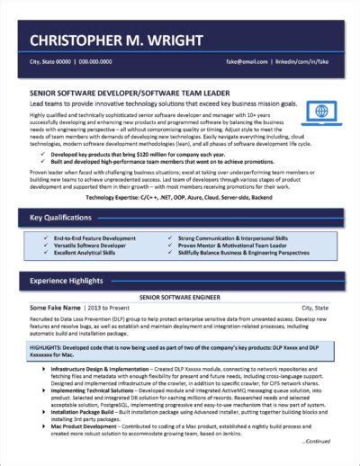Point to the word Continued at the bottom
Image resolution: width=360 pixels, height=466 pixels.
[x=318, y=442]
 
